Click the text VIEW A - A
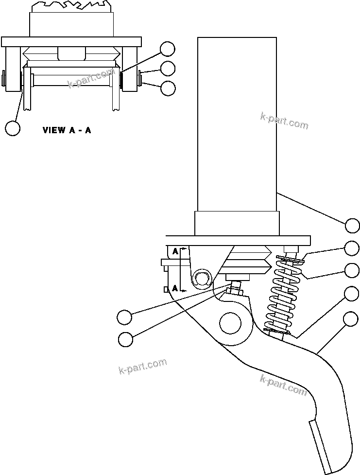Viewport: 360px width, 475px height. (x=67, y=130)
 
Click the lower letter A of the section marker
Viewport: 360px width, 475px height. (x=175, y=288)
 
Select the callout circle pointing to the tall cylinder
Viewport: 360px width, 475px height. (x=353, y=226)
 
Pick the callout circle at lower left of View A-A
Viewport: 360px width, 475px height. (x=13, y=128)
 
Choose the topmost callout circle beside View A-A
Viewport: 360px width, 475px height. (x=168, y=49)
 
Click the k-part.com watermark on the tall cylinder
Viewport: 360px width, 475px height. (x=284, y=122)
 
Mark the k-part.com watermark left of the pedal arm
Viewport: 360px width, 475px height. (x=142, y=366)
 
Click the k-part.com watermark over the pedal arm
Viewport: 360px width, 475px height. (x=284, y=385)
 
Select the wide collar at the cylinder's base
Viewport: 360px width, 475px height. (x=237, y=224)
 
